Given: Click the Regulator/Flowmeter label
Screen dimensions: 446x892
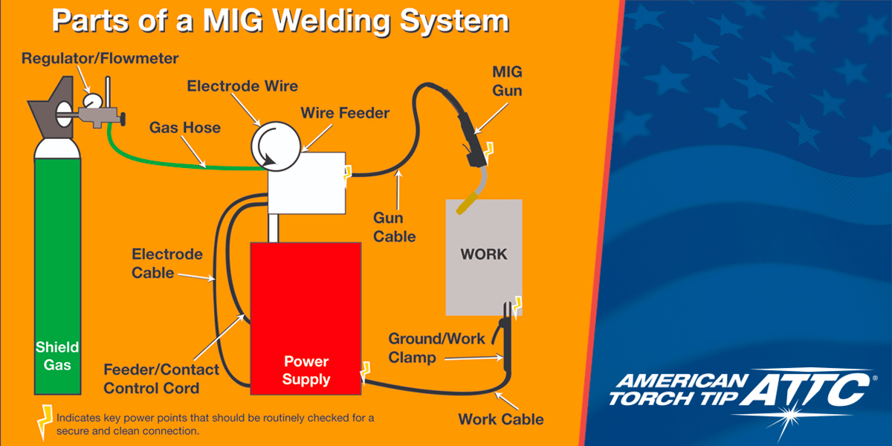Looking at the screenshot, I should [x=100, y=58].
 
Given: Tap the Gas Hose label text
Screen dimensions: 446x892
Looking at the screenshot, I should [x=185, y=128].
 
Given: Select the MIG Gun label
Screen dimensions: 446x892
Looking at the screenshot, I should [x=508, y=81].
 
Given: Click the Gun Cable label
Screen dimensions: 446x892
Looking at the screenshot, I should [x=394, y=227].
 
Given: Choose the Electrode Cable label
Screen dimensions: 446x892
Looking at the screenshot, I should [x=167, y=263].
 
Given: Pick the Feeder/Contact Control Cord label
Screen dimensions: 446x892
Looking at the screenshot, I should [x=161, y=378].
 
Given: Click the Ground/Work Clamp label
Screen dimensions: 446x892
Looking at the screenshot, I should [x=436, y=348].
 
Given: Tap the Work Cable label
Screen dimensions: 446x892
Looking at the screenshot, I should [x=500, y=419].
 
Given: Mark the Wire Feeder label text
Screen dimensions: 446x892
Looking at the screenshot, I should [x=345, y=113].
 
